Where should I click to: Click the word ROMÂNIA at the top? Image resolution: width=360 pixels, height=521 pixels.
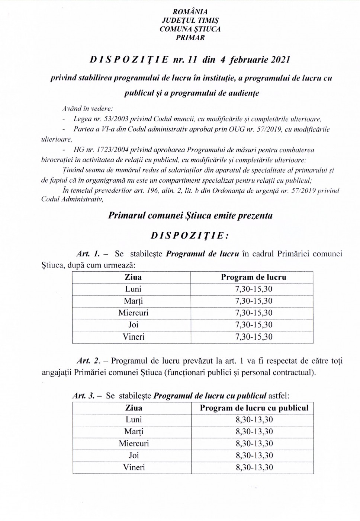click(190, 12)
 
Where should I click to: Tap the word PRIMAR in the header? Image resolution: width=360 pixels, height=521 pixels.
click(190, 38)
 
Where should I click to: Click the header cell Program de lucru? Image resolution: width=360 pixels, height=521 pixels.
click(254, 277)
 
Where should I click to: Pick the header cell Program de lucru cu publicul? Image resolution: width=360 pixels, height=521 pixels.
click(254, 408)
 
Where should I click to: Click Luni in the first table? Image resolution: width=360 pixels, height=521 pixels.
click(133, 289)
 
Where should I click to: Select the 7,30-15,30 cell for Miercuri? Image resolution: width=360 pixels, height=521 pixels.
click(254, 313)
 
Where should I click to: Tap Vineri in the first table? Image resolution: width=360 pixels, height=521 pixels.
click(133, 337)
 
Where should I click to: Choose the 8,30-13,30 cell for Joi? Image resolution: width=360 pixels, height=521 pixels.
click(254, 456)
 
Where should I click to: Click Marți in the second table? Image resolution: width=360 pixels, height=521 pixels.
click(134, 432)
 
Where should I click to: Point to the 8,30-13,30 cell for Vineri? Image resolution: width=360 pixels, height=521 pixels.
click(254, 467)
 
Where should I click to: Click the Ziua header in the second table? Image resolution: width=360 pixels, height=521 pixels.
click(134, 408)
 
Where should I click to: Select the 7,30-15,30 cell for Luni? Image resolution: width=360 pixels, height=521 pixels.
click(254, 289)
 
